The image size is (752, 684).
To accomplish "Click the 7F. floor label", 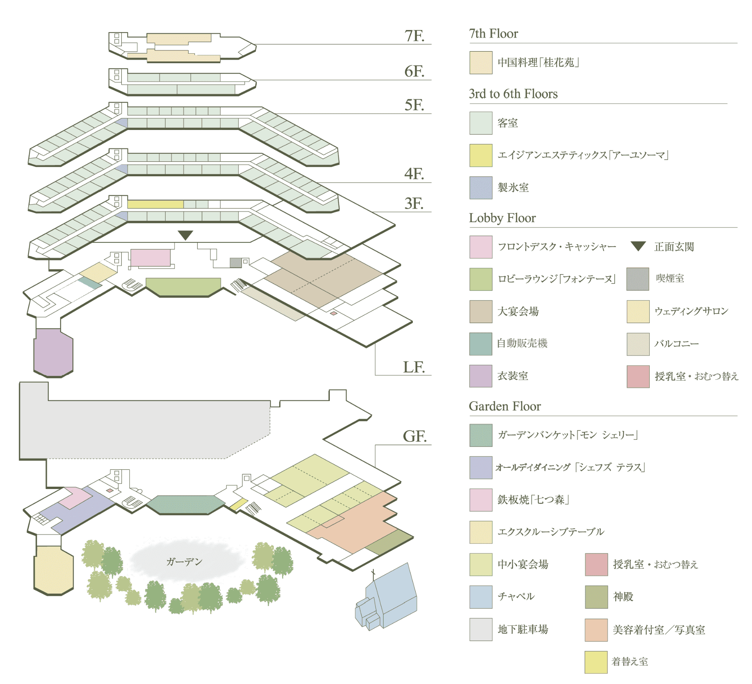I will pyautogui.click(x=414, y=36).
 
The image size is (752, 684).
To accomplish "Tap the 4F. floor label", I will pyautogui.click(x=414, y=173).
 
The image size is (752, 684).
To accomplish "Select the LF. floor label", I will pyautogui.click(x=414, y=367).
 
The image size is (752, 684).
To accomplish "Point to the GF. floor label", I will pyautogui.click(x=414, y=436).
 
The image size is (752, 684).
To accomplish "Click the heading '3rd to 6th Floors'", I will pyautogui.click(x=513, y=94).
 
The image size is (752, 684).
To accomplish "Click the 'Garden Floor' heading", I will pyautogui.click(x=504, y=406).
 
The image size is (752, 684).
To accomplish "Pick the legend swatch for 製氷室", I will pyautogui.click(x=481, y=188).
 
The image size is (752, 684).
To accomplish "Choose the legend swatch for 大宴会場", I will pyautogui.click(x=481, y=311).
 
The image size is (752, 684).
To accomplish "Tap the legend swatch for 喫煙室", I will pyautogui.click(x=638, y=279).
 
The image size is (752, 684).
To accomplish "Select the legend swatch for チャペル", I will pyautogui.click(x=481, y=597).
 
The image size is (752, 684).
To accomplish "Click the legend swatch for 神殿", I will pyautogui.click(x=596, y=597).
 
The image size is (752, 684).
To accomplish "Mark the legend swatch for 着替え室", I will pyautogui.click(x=596, y=662).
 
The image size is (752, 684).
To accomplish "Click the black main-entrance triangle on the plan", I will pyautogui.click(x=185, y=235).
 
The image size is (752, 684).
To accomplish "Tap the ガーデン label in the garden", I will pyautogui.click(x=184, y=562).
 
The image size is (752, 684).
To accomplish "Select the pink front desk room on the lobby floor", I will pyautogui.click(x=150, y=258).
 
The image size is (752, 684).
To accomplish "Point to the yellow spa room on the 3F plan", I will pyautogui.click(x=155, y=204).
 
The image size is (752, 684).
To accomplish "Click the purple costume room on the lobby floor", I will pyautogui.click(x=53, y=352).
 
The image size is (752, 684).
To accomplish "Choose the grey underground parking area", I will pyautogui.click(x=137, y=429).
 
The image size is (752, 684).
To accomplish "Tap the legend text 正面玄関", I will pyautogui.click(x=674, y=247).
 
